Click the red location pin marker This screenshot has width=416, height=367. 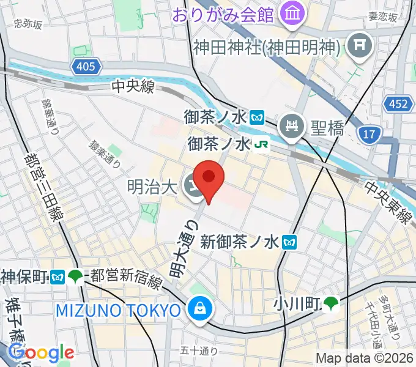pyautogui.click(x=209, y=178)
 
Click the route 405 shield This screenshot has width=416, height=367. pyautogui.click(x=86, y=66)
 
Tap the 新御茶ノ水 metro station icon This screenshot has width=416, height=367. pyautogui.click(x=290, y=242)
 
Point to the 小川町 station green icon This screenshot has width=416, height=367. pyautogui.click(x=331, y=302)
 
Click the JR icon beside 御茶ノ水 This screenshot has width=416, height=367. pyautogui.click(x=262, y=144)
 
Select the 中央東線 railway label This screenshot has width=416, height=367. pyautogui.click(x=388, y=202)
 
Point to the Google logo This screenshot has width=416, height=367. pyautogui.click(x=42, y=352)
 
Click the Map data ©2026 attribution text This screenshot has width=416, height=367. pyautogui.click(x=363, y=358)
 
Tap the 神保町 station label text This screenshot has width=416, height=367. pyautogui.click(x=25, y=276)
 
